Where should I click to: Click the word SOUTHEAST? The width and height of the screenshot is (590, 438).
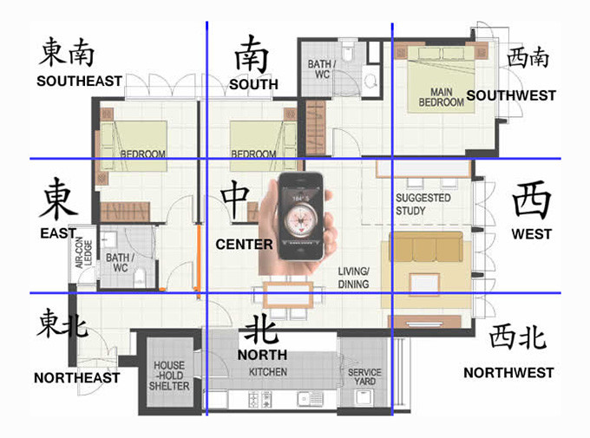pyautogui.click(x=80, y=81)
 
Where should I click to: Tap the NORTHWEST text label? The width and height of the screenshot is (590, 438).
pyautogui.click(x=508, y=373)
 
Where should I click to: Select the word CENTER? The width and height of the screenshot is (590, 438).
pyautogui.click(x=244, y=245)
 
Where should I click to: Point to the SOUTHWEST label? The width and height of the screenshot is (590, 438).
pyautogui.click(x=511, y=95)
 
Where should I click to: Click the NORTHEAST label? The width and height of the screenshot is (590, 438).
pyautogui.click(x=76, y=378)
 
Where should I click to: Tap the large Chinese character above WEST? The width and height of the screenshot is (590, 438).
pyautogui.click(x=531, y=199)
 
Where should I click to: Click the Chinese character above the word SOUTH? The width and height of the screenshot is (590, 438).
pyautogui.click(x=252, y=55)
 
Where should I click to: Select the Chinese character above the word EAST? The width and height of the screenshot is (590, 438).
pyautogui.click(x=58, y=199)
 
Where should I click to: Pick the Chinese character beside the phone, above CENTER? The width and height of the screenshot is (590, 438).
pyautogui.click(x=235, y=199)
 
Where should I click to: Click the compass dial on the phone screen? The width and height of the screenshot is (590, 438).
pyautogui.click(x=301, y=219)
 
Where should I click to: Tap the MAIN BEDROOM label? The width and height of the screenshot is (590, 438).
pyautogui.click(x=441, y=97)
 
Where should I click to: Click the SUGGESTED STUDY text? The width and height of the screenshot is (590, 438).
pyautogui.click(x=423, y=204)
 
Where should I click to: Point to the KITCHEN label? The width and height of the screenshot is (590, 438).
pyautogui.click(x=268, y=372)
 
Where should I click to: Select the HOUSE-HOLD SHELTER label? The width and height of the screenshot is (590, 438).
pyautogui.click(x=169, y=376)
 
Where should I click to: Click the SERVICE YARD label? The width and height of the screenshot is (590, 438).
pyautogui.click(x=364, y=376)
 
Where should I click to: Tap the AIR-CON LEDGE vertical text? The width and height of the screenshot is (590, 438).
pyautogui.click(x=83, y=252)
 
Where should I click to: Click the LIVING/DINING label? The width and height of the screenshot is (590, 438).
pyautogui.click(x=353, y=278)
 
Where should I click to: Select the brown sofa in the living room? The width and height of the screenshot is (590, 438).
pyautogui.click(x=425, y=246)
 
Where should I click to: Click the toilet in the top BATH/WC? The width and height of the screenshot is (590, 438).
pyautogui.click(x=347, y=50)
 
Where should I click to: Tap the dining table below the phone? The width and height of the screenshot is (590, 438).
pyautogui.click(x=288, y=294)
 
